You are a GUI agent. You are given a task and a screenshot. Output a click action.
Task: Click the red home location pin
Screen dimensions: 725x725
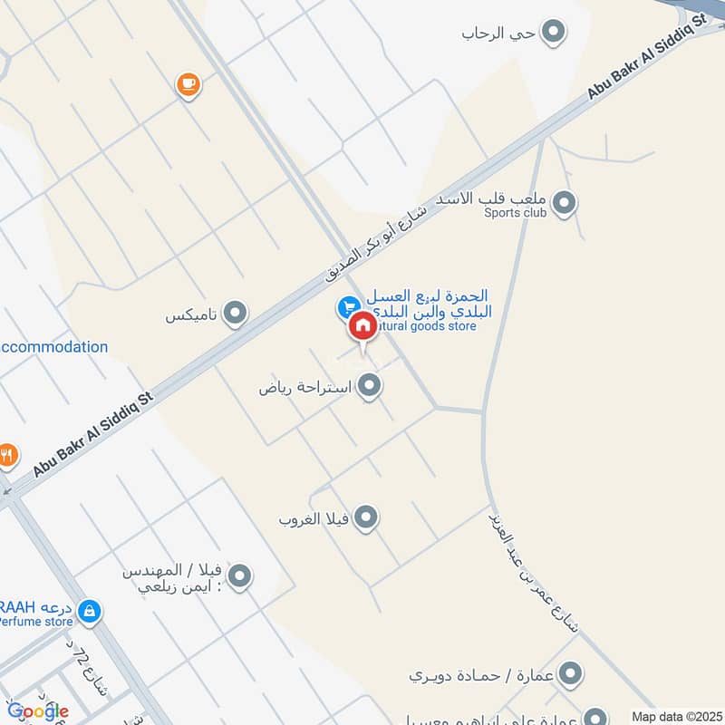click(362, 325)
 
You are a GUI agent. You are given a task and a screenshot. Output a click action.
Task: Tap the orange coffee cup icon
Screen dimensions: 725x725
click(188, 85)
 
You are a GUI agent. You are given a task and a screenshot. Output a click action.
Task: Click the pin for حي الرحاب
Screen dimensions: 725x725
click(552, 34)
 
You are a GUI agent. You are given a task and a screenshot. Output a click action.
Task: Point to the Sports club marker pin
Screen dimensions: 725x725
click(565, 202)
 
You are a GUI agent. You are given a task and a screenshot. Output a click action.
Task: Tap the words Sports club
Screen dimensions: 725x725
click(516, 213)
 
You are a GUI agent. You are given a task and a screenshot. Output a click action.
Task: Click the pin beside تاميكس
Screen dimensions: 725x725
click(236, 314)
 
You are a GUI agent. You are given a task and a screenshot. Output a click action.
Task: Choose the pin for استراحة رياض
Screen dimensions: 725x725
click(368, 387)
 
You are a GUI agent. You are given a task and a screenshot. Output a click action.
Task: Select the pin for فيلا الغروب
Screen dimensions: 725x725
click(365, 517)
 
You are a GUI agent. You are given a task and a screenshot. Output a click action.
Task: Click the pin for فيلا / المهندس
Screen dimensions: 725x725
click(239, 575)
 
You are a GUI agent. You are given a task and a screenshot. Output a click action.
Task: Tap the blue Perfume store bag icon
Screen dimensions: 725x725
click(89, 613)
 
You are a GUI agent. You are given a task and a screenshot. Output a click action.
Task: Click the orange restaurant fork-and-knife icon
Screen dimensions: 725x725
click(8, 454)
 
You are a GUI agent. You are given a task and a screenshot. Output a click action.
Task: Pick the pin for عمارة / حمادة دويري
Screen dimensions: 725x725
click(570, 673)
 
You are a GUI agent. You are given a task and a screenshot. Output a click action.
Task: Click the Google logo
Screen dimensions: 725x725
click(38, 711)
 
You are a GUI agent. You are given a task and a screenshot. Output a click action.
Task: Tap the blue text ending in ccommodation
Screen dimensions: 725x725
click(54, 347)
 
